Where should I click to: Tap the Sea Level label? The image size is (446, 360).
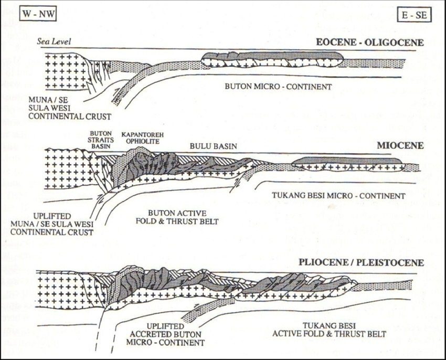[x=54, y=42]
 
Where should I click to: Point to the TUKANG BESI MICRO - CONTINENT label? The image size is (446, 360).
[x=338, y=196]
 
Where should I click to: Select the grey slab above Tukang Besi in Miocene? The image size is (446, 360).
[x=346, y=161]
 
